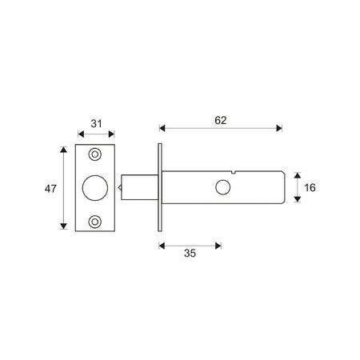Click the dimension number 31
[x=96, y=124]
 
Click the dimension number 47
[x=50, y=189]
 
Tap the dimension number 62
[x=221, y=121]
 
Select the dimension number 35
[x=190, y=253]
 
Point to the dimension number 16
[x=310, y=188]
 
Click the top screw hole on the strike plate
[x=94, y=154]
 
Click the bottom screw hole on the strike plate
[x=94, y=222]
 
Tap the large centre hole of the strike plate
[x=95, y=188]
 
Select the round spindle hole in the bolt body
[x=222, y=187]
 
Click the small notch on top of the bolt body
[x=234, y=172]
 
